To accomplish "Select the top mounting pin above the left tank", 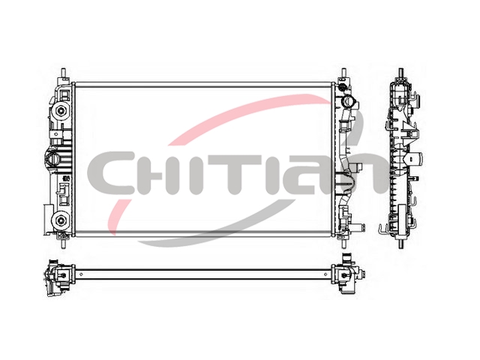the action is tap(64, 73).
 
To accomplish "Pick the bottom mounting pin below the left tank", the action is tap(64, 242).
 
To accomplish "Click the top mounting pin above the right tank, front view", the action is tap(343, 73).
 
